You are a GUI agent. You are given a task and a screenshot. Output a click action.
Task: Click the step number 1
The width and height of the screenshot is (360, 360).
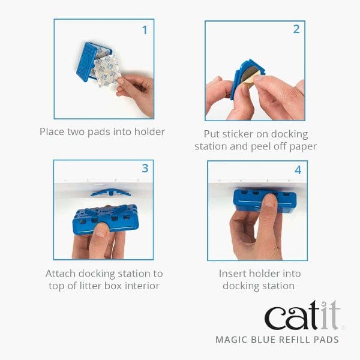point(144,29)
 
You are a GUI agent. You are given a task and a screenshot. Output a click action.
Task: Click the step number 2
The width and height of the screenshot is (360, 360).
point(296,29)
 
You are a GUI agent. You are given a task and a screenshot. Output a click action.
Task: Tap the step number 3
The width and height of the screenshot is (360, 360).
point(145,169)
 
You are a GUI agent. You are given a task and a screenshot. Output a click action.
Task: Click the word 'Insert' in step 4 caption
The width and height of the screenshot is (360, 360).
point(234,273)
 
